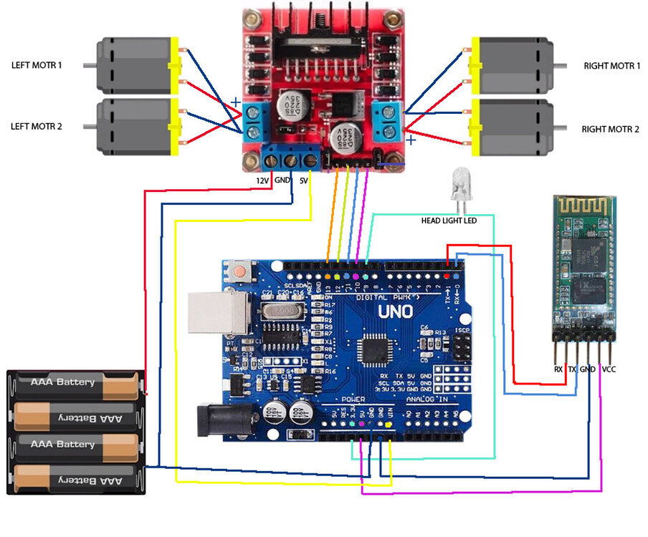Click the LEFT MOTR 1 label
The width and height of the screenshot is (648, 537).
pos(37,65)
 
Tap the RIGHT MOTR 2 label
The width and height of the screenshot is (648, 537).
pos(610,130)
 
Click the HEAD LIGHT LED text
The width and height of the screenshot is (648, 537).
pos(448,221)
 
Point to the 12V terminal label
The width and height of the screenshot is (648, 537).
pos(263,181)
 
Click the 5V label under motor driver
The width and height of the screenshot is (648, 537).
pos(304,181)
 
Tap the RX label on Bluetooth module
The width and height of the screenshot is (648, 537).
pos(558,369)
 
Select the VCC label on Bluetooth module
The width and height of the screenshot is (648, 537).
pos(609,369)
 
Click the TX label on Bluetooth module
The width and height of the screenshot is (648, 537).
pos(573,369)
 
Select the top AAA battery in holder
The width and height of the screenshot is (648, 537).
pos(75,385)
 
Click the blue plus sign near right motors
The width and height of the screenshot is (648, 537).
pos(411,141)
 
